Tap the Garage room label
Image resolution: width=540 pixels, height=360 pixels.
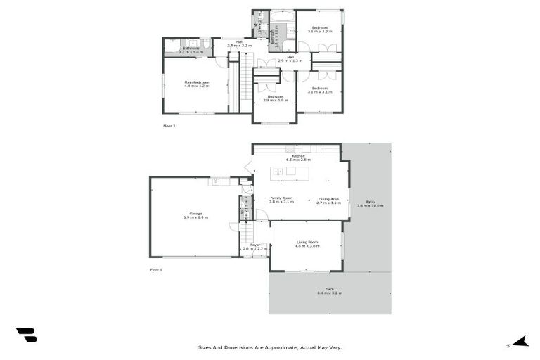[x=195, y=214]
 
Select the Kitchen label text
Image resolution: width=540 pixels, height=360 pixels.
[x=298, y=157]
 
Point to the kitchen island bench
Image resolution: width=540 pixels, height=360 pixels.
[x=291, y=172]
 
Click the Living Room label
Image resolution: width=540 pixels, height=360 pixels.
[x=307, y=243]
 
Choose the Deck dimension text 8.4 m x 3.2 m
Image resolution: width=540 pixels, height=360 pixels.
[x=329, y=292]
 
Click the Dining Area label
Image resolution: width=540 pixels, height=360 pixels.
[x=328, y=199]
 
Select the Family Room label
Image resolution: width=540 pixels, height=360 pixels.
[x=281, y=199]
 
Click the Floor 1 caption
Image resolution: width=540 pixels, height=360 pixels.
[x=155, y=270]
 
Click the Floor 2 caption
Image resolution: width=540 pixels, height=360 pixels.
[x=169, y=126]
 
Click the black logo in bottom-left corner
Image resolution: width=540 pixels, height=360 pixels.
[x=26, y=335]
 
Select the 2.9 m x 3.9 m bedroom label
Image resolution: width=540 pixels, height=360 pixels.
[x=274, y=98]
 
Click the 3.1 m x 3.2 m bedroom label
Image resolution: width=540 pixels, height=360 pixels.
[x=320, y=30]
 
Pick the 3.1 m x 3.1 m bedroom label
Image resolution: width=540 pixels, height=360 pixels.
[x=320, y=89]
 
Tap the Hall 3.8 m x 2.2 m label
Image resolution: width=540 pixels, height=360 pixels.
[x=239, y=44]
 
